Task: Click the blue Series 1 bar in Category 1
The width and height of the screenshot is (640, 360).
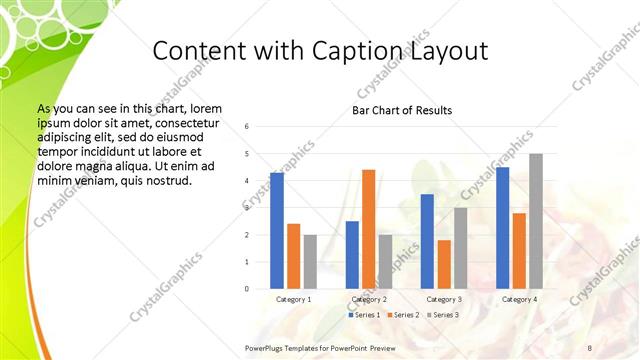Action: pos(277,231)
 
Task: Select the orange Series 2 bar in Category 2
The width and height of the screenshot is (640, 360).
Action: pos(368,229)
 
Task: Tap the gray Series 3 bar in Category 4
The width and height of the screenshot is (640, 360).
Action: pos(536,221)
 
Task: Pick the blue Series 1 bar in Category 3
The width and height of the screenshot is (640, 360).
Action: pos(427,241)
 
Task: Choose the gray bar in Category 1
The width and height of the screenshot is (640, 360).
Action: pos(310,262)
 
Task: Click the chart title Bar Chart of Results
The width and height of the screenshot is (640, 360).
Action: pos(402,110)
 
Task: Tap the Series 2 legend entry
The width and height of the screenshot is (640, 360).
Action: pos(403,315)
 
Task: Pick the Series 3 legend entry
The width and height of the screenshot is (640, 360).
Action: pos(441,315)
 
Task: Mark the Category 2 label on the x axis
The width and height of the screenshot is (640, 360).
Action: pos(369,300)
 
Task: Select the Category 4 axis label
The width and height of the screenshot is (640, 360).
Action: pos(519,300)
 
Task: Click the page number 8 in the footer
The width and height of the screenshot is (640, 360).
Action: pos(589,347)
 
